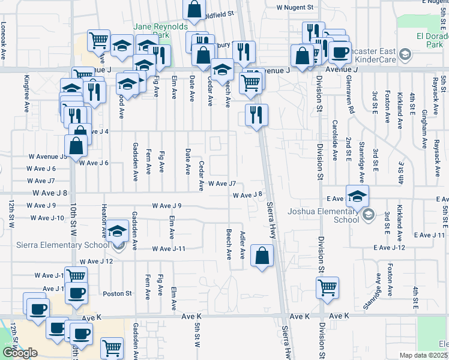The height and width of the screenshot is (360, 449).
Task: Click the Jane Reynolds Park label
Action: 160,31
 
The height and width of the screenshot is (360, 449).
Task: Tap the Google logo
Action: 20,352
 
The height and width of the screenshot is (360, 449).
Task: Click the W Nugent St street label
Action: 295,7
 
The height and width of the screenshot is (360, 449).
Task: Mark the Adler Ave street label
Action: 243,245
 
